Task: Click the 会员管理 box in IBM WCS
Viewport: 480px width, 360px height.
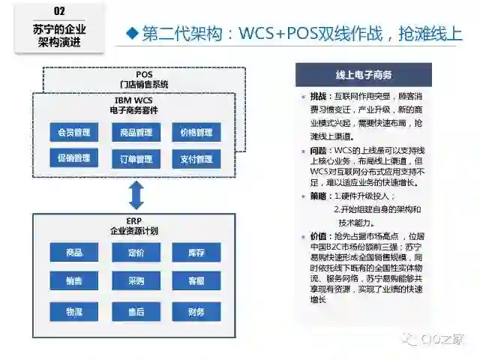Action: click(74, 133)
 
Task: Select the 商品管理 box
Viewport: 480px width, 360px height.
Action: click(136, 133)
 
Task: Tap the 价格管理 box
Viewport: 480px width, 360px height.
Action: click(196, 133)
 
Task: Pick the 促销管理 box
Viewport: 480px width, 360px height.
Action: click(74, 159)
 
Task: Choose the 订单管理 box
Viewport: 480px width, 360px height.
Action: click(136, 159)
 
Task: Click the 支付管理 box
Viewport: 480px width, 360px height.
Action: click(196, 159)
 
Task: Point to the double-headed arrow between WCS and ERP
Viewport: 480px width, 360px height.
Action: click(136, 195)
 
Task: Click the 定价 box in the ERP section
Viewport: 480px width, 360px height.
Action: click(136, 253)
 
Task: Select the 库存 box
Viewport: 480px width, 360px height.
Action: click(196, 253)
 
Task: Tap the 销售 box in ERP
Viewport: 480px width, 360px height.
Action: click(74, 281)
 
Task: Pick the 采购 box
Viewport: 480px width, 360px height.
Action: click(136, 281)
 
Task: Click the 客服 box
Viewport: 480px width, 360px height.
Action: click(196, 281)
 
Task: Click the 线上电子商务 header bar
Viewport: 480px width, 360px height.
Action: click(364, 76)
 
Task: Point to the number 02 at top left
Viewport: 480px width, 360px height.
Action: click(60, 11)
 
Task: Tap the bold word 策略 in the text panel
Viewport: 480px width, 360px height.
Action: click(319, 196)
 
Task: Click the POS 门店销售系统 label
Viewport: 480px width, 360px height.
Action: click(144, 79)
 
